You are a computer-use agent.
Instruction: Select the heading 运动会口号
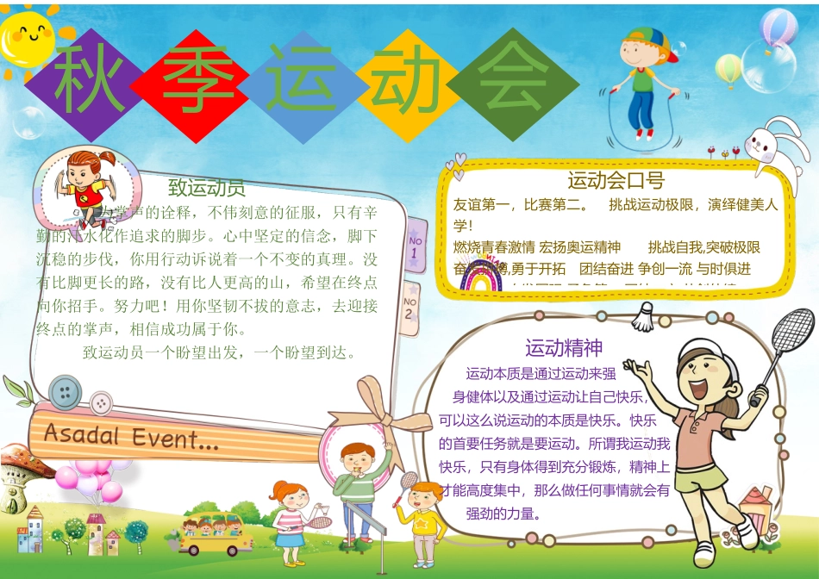pyautogui.click(x=615, y=180)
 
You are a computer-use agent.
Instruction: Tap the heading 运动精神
pyautogui.click(x=564, y=348)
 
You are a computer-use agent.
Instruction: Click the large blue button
pyautogui.click(x=66, y=392)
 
